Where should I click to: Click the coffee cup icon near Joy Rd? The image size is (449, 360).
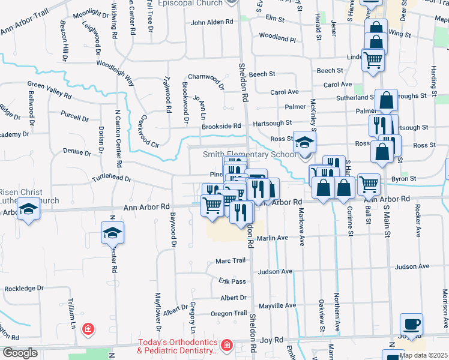(411, 325)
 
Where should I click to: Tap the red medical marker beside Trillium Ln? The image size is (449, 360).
(88, 329)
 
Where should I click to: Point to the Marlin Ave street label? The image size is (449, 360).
(273, 238)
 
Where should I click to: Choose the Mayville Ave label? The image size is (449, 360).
(277, 305)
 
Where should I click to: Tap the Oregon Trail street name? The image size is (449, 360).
(228, 313)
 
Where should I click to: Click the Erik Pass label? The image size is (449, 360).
(232, 281)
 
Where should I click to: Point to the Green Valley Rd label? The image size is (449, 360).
(49, 90)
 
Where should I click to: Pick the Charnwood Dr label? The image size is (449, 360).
(205, 78)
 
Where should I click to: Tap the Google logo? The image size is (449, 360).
(20, 353)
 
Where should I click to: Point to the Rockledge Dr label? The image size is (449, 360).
(24, 289)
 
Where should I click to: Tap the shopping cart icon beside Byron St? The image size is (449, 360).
(369, 184)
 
